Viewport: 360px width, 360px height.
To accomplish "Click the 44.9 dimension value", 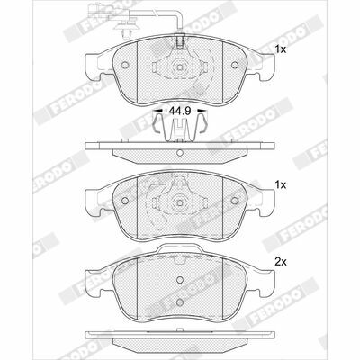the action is tap(180, 112).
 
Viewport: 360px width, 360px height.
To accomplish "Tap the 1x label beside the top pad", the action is tap(281, 49).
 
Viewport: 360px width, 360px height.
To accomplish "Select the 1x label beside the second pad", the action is tap(281, 185).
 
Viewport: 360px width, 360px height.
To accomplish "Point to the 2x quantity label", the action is tap(281, 262).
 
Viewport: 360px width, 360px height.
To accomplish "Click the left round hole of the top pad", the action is tap(125, 65).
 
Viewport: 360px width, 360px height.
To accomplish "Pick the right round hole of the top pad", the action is tap(235, 65).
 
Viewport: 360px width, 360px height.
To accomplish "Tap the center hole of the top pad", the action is tap(180, 67).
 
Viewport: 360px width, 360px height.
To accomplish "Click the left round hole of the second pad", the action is tap(125, 201).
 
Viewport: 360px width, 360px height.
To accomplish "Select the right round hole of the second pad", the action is tap(235, 201).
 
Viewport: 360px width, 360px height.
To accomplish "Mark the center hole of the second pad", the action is tap(180, 202).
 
